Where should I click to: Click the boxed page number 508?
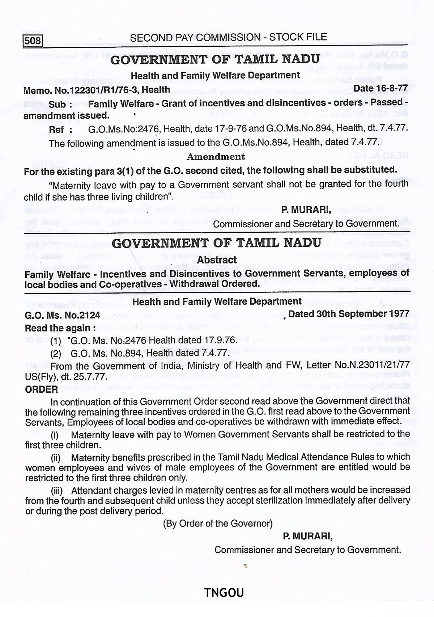pos(33,41)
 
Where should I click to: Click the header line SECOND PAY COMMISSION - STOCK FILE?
pos(228,37)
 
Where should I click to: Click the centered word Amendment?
pos(216,156)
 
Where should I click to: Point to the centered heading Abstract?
pos(217,259)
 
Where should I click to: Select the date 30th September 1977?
pos(349,313)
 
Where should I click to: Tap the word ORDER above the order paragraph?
pos(42,389)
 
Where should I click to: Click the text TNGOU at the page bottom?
pos(224,592)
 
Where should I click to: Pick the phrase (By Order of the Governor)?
pos(218,523)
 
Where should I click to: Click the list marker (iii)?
pos(56,491)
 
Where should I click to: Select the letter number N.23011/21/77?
pos(375,366)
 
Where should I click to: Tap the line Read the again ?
pos(61,328)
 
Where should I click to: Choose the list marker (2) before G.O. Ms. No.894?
pos(56,353)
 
